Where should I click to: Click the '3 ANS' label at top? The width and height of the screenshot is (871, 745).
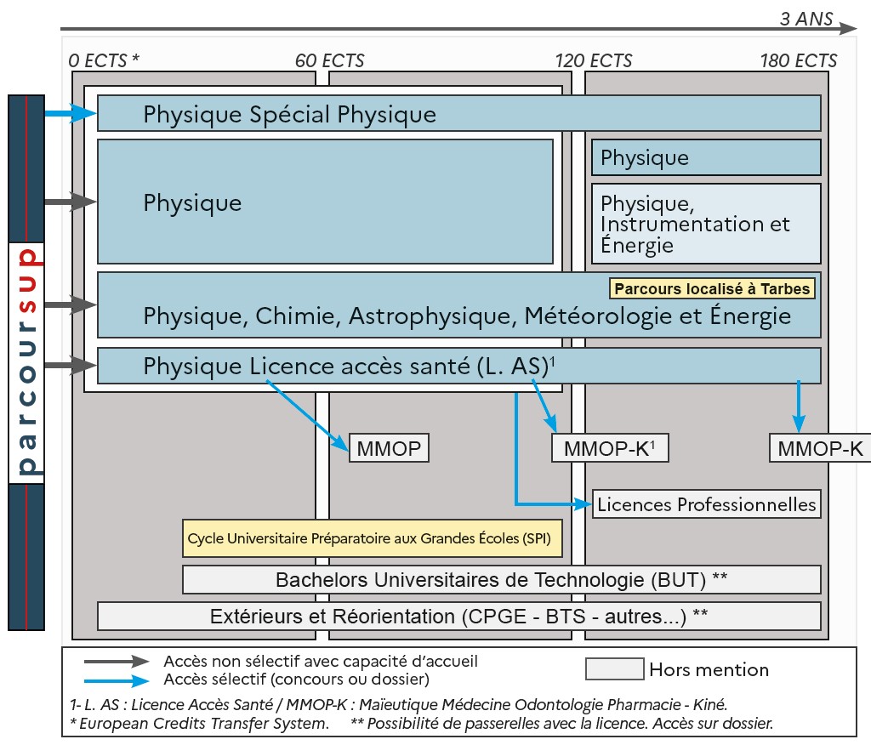(x=806, y=19)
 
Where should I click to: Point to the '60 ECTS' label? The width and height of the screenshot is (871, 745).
(x=329, y=60)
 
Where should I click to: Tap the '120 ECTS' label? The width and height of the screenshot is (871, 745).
(x=594, y=60)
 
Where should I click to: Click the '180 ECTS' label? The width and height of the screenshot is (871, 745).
(x=799, y=60)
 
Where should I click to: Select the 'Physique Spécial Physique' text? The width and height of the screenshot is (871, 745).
(x=289, y=114)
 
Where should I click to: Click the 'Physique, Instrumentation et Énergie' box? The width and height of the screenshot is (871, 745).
(x=706, y=225)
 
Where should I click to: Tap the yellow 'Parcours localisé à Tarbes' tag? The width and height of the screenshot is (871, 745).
(x=712, y=288)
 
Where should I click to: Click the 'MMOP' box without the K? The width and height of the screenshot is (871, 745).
(x=389, y=448)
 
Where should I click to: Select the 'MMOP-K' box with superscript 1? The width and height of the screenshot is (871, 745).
(x=610, y=448)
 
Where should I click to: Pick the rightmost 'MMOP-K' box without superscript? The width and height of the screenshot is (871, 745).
(x=820, y=448)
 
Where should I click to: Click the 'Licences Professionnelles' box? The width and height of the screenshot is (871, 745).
(x=706, y=503)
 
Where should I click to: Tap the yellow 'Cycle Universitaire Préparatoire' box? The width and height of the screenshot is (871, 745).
(x=373, y=538)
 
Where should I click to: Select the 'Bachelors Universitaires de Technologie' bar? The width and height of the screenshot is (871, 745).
(x=502, y=580)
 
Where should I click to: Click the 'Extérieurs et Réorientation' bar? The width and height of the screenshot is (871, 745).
(x=459, y=616)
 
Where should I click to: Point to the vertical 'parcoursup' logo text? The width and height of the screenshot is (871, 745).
(x=26, y=362)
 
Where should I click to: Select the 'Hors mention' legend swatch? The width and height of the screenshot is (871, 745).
(x=614, y=668)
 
